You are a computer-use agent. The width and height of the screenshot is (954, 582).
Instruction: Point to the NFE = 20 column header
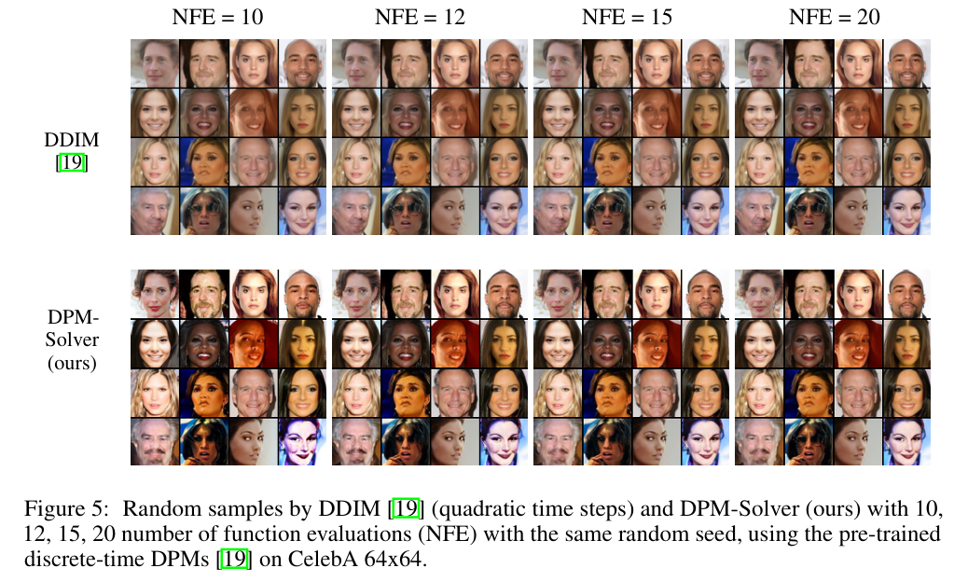pos(833,17)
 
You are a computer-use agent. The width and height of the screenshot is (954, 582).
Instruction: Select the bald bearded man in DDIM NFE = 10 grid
pos(304,62)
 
